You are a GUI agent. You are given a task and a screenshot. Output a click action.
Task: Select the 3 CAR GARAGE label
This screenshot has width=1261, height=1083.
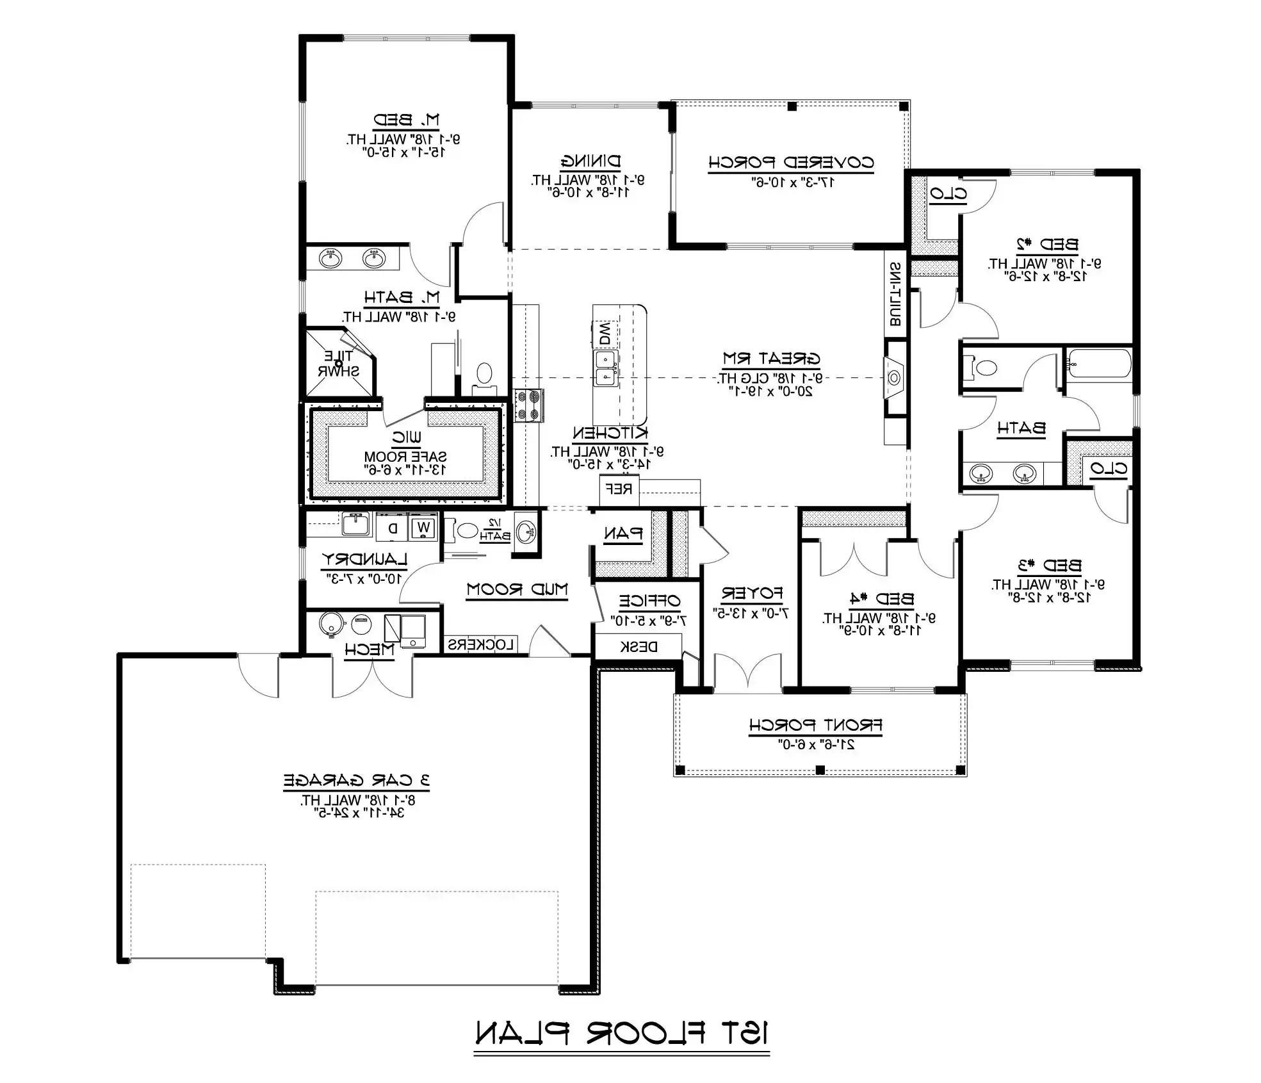[357, 781]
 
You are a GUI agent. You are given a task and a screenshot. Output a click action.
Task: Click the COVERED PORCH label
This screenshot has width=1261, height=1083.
[791, 163]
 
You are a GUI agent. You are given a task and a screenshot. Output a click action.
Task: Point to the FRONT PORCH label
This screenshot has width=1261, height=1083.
[815, 726]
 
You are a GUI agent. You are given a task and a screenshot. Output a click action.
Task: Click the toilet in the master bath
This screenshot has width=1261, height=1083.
[484, 376]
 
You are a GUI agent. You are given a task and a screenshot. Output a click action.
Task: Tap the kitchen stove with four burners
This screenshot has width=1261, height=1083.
[529, 405]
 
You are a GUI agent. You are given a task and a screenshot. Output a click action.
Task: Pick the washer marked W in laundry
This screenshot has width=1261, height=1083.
[423, 528]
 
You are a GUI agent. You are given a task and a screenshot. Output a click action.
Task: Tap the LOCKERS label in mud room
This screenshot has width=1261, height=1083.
[480, 645]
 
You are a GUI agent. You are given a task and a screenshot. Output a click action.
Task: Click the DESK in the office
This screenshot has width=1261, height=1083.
[638, 647]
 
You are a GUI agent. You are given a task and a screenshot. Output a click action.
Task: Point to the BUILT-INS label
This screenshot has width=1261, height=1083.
[895, 294]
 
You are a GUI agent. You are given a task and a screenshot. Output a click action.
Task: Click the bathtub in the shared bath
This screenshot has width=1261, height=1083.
[1099, 365]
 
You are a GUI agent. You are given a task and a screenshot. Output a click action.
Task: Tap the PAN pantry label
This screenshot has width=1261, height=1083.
[622, 533]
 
